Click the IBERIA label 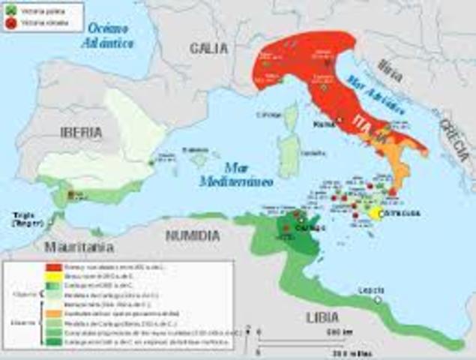[79, 132]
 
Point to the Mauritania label [79, 246]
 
